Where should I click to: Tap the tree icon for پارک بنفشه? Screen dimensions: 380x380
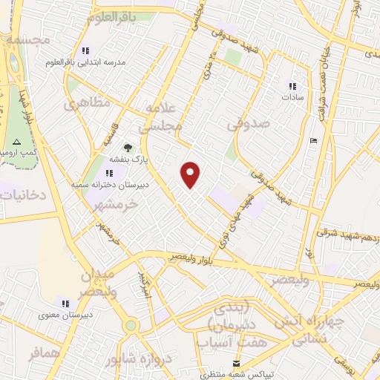coord(128,148)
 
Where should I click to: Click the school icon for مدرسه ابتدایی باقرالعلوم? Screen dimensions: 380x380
coord(86,51)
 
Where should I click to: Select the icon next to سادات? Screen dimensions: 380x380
coord(292,85)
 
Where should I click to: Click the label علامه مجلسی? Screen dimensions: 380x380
coord(164,117)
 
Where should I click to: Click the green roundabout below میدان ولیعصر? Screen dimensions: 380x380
coord(131,325)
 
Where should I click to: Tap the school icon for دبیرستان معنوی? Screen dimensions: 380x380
coord(65,303)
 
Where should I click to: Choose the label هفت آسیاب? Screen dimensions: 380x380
coord(223,342)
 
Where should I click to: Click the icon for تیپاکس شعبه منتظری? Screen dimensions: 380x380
coord(237,363)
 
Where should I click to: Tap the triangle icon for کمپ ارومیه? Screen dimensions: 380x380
coord(16,141)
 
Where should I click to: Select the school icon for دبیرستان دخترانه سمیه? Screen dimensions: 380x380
coord(111,172)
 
